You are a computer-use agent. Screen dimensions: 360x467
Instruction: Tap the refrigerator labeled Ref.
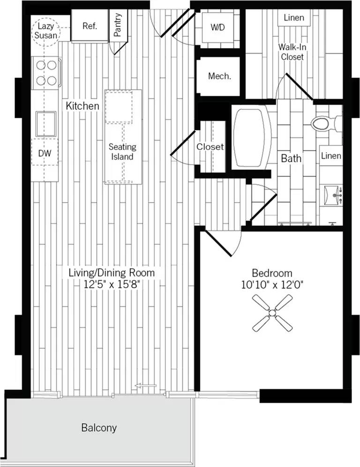pyautogui.click(x=90, y=26)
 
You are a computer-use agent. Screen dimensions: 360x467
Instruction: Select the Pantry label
pyautogui.click(x=118, y=24)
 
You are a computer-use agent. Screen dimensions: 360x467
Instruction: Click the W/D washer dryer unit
pyautogui.click(x=217, y=28)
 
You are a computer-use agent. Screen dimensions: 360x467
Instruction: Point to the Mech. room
pyautogui.click(x=219, y=76)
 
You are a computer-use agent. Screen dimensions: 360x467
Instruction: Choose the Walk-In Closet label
pyautogui.click(x=292, y=52)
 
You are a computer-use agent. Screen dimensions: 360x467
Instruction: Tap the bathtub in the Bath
pyautogui.click(x=252, y=137)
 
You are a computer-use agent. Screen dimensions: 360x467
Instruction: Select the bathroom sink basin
pyautogui.click(x=333, y=195)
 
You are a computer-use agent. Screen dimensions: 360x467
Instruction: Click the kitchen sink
pyautogui.click(x=46, y=124)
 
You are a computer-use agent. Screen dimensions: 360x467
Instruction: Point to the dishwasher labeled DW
pyautogui.click(x=45, y=153)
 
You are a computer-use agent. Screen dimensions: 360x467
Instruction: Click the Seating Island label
pyautogui.click(x=122, y=152)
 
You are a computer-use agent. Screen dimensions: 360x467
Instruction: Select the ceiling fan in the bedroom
pyautogui.click(x=272, y=313)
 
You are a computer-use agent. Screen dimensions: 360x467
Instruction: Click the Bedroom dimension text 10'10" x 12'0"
pyautogui.click(x=272, y=285)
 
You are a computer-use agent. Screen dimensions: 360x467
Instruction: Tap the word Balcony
pyautogui.click(x=99, y=428)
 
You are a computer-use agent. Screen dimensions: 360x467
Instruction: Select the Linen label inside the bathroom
pyautogui.click(x=331, y=156)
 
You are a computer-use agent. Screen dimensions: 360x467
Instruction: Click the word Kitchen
pyautogui.click(x=82, y=106)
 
